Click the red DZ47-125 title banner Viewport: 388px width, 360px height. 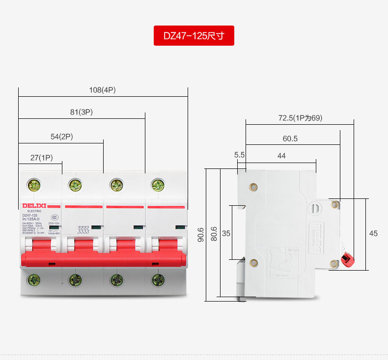tap(194, 36)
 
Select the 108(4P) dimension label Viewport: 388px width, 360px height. tap(102, 90)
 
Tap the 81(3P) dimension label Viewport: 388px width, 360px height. tap(82, 112)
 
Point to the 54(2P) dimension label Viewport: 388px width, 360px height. tap(62, 137)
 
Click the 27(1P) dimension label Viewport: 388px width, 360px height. tap(41, 158)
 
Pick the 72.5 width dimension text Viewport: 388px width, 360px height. tap(300, 118)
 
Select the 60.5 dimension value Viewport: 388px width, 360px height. tap(290, 138)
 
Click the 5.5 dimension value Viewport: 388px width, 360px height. tap(240, 155)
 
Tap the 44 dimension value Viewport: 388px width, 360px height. tap(281, 156)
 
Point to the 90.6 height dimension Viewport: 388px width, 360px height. tap(200, 233)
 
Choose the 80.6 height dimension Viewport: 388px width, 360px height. tap(214, 233)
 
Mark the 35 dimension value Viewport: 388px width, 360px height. tap(226, 234)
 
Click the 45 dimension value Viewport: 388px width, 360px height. tap(373, 234)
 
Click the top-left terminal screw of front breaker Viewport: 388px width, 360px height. tap(34, 185)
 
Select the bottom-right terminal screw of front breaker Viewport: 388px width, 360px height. tap(158, 280)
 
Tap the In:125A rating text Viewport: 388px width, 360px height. tap(30, 219)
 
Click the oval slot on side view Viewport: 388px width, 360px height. tap(313, 208)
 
